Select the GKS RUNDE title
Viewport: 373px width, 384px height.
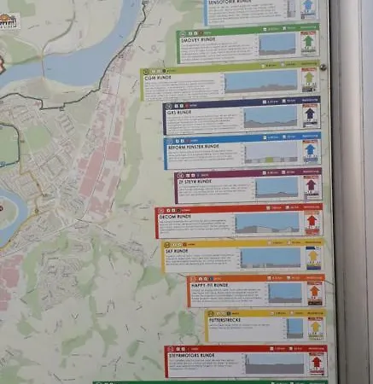pyautogui.click(x=178, y=111)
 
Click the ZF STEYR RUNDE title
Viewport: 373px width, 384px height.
pyautogui.click(x=195, y=182)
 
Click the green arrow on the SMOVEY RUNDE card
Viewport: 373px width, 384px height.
pyautogui.click(x=308, y=42)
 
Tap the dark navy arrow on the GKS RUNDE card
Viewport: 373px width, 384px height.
pyautogui.click(x=310, y=114)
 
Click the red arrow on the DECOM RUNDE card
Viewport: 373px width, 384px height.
pyautogui.click(x=312, y=222)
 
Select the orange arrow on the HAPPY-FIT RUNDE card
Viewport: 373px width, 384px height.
pyautogui.click(x=314, y=292)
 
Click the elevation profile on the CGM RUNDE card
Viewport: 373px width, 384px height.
pyautogui.click(x=259, y=82)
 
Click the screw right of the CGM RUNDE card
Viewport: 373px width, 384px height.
pyautogui.click(x=323, y=67)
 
